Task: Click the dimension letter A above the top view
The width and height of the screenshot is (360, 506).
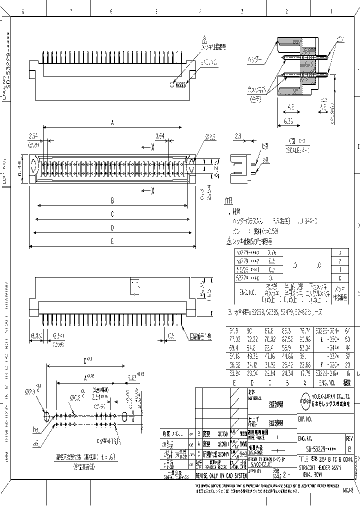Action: click(112, 122)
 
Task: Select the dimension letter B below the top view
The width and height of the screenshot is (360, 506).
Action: click(112, 200)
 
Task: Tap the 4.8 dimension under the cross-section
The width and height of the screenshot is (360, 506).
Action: click(290, 106)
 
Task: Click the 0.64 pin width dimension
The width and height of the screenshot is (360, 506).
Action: click(159, 136)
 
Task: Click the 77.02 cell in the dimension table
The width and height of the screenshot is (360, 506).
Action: click(233, 339)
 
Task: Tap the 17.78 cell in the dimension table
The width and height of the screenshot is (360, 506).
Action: click(303, 372)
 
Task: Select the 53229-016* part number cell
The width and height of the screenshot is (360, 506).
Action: click(324, 372)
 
